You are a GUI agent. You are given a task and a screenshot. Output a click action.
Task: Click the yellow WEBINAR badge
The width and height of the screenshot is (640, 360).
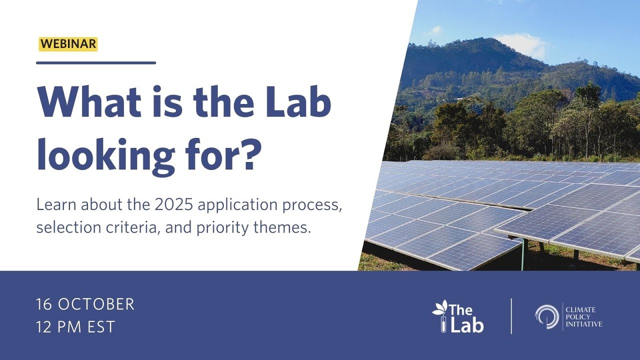[x=67, y=44]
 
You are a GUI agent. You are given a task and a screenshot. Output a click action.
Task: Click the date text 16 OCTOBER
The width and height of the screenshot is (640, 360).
[x=85, y=304]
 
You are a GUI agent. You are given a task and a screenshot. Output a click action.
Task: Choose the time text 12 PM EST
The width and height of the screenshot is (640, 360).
[x=75, y=327]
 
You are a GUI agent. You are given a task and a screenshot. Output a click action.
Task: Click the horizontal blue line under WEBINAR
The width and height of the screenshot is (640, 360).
[x=96, y=63]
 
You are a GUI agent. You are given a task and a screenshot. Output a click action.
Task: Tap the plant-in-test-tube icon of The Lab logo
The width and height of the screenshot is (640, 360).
[x=440, y=315]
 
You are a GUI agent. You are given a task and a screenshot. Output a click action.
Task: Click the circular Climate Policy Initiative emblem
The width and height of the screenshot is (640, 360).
[x=546, y=316]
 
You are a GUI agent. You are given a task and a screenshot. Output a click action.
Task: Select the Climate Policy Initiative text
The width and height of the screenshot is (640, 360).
[x=583, y=317]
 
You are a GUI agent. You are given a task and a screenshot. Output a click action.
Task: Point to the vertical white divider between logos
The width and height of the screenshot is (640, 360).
[x=511, y=316]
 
